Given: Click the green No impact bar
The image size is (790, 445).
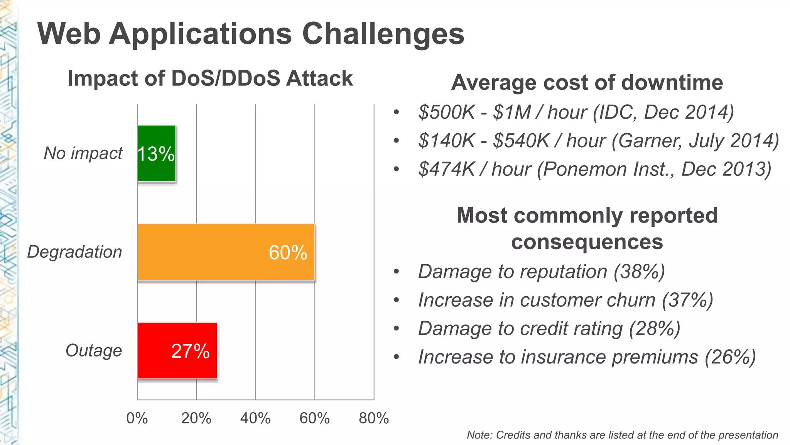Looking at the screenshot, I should (156, 170).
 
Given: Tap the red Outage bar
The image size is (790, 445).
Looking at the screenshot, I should (154, 351).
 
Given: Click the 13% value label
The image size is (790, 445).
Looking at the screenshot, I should (156, 154).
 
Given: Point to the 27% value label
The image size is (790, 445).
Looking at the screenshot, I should (190, 351).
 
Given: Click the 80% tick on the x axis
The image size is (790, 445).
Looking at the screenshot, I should (373, 418).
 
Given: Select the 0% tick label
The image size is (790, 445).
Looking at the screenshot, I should (137, 418).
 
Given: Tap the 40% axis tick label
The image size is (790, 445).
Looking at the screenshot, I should (255, 418).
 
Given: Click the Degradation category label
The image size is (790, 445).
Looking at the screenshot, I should (74, 252).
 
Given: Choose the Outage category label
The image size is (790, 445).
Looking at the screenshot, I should (94, 351).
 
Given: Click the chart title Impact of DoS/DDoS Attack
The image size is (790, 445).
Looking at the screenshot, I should (210, 78).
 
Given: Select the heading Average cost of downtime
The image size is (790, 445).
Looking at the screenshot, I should (587, 83).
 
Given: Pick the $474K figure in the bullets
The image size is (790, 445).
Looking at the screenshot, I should (446, 169).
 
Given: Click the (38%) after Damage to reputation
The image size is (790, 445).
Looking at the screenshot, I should (639, 272).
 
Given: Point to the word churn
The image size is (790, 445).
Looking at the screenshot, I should (631, 300).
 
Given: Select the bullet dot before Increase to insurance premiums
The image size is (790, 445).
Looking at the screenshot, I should (396, 357).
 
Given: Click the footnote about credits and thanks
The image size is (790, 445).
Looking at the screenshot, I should (622, 435).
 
